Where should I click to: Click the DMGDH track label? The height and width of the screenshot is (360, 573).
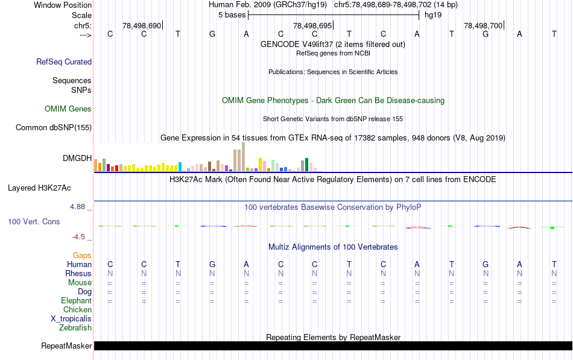[77, 159]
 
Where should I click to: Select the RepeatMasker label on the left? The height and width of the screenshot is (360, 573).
[66, 346]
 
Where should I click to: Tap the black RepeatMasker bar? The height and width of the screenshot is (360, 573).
[332, 346]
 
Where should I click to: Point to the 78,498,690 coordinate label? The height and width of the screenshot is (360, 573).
[142, 26]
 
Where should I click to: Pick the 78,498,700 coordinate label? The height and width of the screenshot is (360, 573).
[483, 26]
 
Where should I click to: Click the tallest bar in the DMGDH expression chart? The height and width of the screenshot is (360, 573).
[243, 157]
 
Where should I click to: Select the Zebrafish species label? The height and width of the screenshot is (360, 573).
[75, 328]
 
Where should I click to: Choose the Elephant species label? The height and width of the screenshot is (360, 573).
[76, 301]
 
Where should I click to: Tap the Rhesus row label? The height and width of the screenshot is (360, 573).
[78, 274]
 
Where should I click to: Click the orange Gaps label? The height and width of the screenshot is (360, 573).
[82, 256]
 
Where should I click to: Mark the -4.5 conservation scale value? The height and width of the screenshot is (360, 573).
[80, 237]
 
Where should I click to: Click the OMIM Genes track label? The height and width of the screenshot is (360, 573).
[68, 109]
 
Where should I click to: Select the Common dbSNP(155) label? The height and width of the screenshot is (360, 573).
[54, 127]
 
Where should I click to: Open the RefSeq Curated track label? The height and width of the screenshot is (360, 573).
[64, 62]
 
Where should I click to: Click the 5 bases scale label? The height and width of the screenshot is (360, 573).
[232, 14]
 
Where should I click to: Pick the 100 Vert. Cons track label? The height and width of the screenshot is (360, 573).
[34, 222]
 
